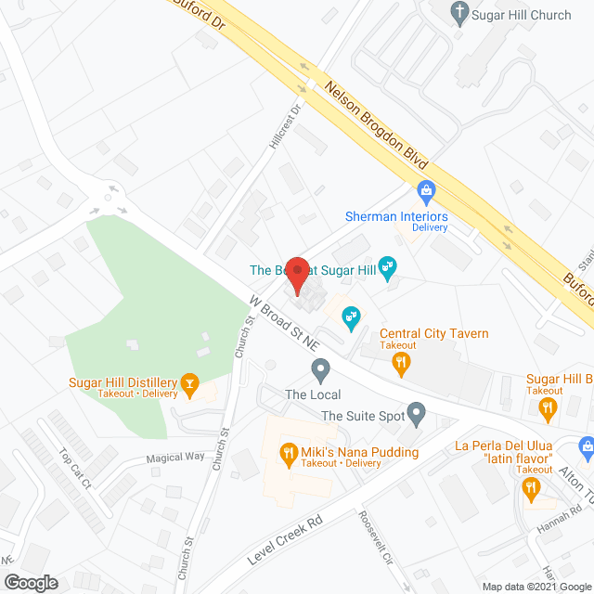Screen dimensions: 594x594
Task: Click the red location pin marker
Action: coord(296,276)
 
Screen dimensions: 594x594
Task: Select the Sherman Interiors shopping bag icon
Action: coord(427,193)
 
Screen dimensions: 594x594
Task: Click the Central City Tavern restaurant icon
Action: coord(401,365)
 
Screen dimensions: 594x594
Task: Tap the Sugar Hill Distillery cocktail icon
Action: coord(189,382)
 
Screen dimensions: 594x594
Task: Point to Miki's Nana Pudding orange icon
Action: coord(288,452)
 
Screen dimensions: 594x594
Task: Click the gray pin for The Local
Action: coord(321,371)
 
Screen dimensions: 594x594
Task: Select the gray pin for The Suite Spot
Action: coord(417,411)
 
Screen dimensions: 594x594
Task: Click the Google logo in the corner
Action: coord(30,583)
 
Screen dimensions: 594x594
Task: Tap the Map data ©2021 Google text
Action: coord(537,587)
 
